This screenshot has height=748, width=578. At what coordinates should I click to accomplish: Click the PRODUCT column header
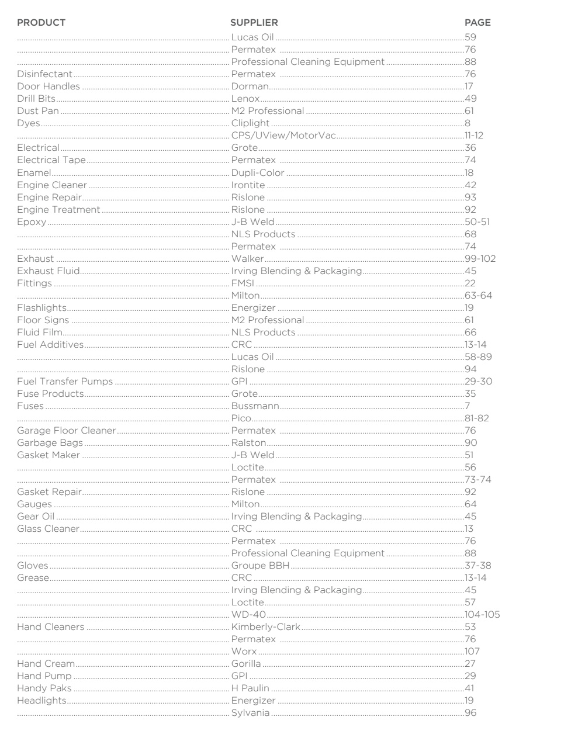(x=41, y=23)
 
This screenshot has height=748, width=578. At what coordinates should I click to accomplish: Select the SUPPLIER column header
(x=254, y=23)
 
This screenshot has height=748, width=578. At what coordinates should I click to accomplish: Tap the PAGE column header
(x=477, y=23)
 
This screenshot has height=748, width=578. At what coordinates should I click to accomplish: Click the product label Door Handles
(x=48, y=86)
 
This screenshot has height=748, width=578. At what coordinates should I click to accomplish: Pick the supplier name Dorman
(x=250, y=86)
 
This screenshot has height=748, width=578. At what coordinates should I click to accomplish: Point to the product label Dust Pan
(x=37, y=111)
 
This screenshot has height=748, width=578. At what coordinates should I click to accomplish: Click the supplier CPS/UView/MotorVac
(x=283, y=136)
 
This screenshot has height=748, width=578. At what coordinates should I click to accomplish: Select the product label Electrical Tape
(x=51, y=160)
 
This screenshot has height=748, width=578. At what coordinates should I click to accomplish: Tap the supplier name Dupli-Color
(x=258, y=173)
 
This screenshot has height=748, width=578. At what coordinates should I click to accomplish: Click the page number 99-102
(x=480, y=259)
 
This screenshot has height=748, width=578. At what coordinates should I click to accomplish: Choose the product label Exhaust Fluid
(x=48, y=271)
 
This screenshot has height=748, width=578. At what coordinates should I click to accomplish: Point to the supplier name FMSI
(x=243, y=283)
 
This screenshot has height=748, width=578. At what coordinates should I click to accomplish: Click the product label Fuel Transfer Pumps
(x=64, y=382)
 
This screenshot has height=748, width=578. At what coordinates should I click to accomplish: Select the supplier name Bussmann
(x=255, y=406)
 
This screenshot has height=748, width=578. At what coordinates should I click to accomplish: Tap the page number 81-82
(x=476, y=418)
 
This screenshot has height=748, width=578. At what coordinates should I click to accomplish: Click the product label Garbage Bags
(x=50, y=443)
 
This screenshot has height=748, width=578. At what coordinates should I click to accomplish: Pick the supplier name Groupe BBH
(x=260, y=566)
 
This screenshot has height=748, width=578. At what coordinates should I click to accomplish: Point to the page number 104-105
(x=482, y=615)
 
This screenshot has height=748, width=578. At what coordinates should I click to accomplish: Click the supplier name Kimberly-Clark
(x=265, y=627)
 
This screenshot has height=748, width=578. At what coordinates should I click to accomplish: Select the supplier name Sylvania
(x=250, y=713)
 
